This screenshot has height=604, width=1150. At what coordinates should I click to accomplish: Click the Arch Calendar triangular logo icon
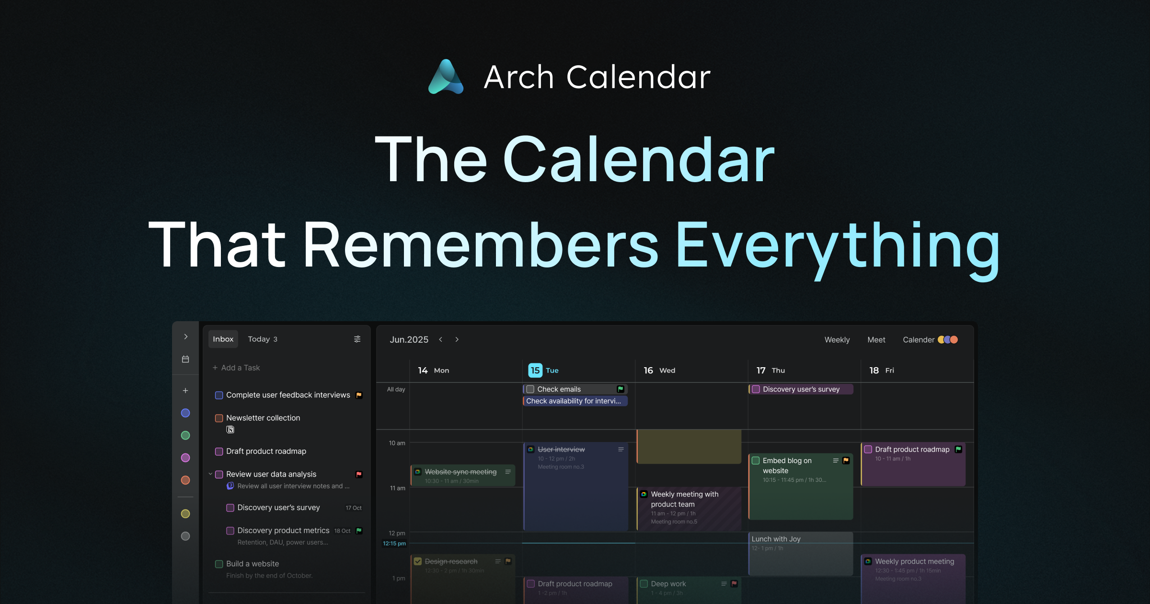pyautogui.click(x=446, y=77)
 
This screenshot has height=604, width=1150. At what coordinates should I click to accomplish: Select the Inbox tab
pyautogui.click(x=223, y=339)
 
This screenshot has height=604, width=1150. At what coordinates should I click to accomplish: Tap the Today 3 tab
pyautogui.click(x=262, y=339)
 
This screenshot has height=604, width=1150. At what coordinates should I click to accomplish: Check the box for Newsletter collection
pyautogui.click(x=219, y=418)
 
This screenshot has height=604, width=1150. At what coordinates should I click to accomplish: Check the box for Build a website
pyautogui.click(x=219, y=564)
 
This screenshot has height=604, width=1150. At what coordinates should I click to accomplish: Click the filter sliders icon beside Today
pyautogui.click(x=357, y=339)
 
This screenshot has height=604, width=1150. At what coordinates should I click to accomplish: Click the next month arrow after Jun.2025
pyautogui.click(x=457, y=339)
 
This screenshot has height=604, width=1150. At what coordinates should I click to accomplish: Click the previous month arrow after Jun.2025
pyautogui.click(x=440, y=339)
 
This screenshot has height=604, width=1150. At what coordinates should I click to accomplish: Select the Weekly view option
pyautogui.click(x=837, y=339)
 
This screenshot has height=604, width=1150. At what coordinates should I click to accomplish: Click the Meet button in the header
pyautogui.click(x=876, y=339)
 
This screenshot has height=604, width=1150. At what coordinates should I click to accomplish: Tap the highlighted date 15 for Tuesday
pyautogui.click(x=535, y=370)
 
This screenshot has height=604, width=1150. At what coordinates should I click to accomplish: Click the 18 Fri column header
pyautogui.click(x=881, y=370)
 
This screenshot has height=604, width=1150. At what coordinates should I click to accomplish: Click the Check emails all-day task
pyautogui.click(x=559, y=389)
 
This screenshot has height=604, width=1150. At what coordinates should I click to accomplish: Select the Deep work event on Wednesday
pyautogui.click(x=668, y=584)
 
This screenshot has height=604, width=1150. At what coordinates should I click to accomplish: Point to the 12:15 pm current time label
pyautogui.click(x=394, y=543)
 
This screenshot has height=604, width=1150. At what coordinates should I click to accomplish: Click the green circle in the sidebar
pyautogui.click(x=185, y=435)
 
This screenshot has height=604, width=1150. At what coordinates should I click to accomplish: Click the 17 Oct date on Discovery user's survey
pyautogui.click(x=354, y=508)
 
